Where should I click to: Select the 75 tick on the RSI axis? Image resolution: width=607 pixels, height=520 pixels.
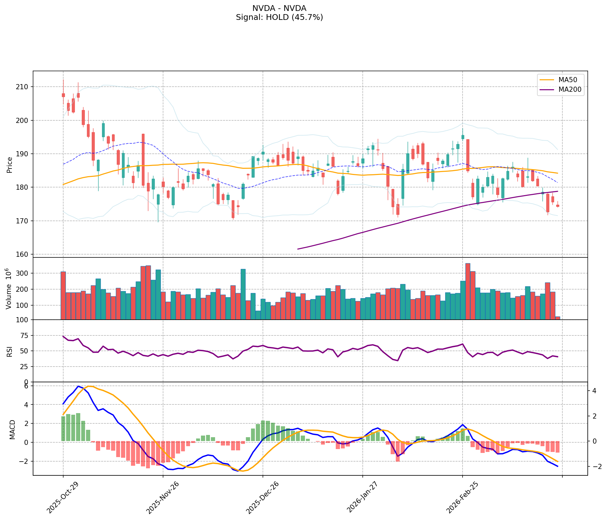[x=26, y=336]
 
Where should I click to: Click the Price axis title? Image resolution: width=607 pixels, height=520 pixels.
[x=9, y=165]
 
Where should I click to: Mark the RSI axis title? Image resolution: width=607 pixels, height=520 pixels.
[x=9, y=351]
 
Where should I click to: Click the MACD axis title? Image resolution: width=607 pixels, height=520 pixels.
[x=12, y=429]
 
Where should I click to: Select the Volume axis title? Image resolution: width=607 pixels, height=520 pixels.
[x=9, y=289]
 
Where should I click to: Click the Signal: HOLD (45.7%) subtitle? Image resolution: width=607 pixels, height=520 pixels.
[x=279, y=17]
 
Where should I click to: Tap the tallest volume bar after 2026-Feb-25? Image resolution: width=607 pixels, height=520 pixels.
[x=468, y=291]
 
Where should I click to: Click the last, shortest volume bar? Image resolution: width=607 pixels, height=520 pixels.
[x=558, y=318]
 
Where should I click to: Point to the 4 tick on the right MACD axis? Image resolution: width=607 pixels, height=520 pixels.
[x=594, y=391]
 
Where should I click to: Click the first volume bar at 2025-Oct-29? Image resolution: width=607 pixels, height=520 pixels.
[x=63, y=295]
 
